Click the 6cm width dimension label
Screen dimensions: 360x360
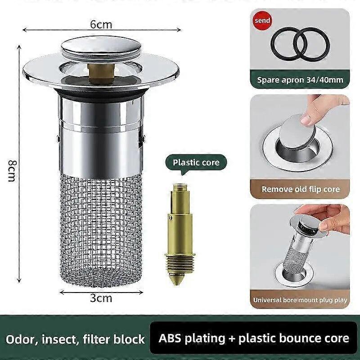coord(101,24)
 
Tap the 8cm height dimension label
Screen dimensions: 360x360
coord(12,171)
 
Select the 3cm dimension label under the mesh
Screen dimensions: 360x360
coord(101,298)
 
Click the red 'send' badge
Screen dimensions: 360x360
coord(262,20)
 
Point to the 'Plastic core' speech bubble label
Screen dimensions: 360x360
coord(196,162)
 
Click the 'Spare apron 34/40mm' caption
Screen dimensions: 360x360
coord(300,80)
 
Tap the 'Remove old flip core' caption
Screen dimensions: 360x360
coord(301,189)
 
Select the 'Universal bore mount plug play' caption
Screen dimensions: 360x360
coord(300,300)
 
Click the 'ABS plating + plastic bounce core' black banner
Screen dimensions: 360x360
coord(251,338)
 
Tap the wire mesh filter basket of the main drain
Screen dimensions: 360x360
coord(101,229)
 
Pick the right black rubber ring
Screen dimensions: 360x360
coord(313,44)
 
